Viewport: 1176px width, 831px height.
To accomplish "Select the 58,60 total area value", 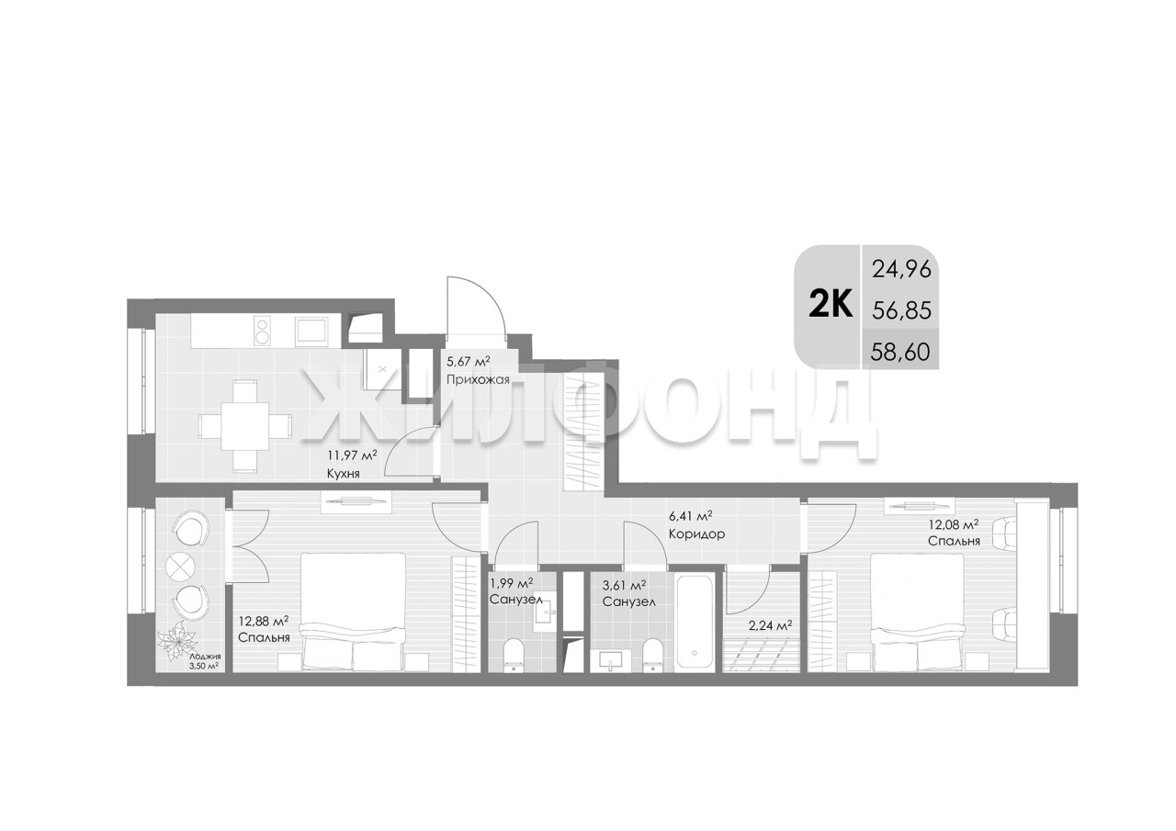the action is point(900,352).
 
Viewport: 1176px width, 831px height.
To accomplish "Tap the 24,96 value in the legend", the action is point(901,270).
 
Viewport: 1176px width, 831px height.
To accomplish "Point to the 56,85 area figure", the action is point(901,311).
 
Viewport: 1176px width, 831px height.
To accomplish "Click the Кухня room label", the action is point(343,474).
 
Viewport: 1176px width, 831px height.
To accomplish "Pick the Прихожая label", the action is point(478,380).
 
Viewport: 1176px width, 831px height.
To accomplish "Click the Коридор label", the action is point(696,534).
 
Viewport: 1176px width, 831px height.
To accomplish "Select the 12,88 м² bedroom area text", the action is point(264,622).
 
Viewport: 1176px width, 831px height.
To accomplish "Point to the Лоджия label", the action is point(205,657).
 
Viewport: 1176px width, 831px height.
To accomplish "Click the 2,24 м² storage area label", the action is point(770,624).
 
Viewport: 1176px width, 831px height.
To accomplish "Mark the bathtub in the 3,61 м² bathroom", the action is point(694,624).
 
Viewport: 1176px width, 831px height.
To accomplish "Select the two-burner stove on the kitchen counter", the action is point(263,330).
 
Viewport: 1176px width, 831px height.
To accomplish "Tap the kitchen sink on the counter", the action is point(311,331).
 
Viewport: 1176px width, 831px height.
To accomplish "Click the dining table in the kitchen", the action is point(244,426).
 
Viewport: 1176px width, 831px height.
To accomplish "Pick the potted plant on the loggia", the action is point(177,641).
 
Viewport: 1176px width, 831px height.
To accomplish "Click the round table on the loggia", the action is point(180,565).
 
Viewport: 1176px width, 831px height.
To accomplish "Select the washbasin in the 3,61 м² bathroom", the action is point(611,660).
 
